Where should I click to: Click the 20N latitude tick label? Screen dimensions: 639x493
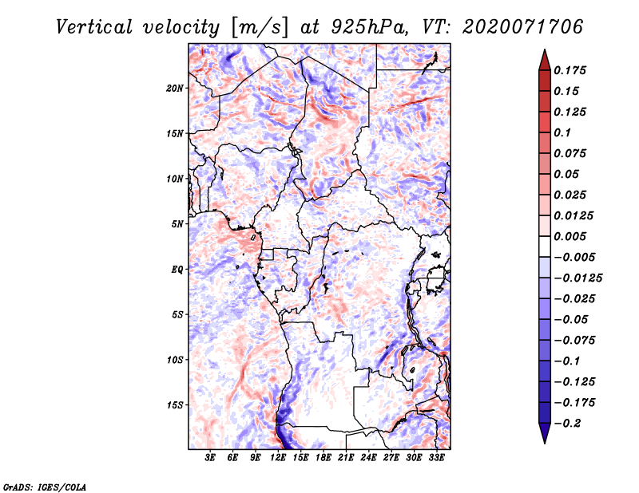pos(175,89)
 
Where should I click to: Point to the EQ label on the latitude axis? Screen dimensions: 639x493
pos(177,270)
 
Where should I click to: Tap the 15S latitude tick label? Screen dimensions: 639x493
pos(175,405)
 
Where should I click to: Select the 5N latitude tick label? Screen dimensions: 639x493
pos(177,224)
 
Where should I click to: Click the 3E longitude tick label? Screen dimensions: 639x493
pos(210,458)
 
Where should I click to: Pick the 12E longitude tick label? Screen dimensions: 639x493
pos(278,458)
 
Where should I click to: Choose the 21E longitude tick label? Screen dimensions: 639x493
pos(346,458)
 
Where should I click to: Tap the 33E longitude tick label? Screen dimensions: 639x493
pos(436,458)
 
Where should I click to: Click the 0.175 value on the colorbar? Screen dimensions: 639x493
pos(570,70)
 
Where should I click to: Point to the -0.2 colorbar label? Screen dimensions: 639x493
pos(567,424)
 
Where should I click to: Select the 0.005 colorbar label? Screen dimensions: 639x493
pos(570,236)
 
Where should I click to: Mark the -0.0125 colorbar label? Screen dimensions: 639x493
pos(577,278)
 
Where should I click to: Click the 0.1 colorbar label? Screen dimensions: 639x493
pos(562,132)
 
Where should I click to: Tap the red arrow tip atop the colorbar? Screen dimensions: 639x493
pos(545,50)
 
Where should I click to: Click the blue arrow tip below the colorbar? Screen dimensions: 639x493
pos(545,442)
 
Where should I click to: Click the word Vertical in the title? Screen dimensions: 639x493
pos(94,27)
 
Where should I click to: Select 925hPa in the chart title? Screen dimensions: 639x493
pos(369,27)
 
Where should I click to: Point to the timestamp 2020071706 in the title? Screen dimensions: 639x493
pos(523,27)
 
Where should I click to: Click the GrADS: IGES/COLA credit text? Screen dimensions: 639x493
pos(45,487)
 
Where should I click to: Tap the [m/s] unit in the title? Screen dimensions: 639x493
pos(260,27)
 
